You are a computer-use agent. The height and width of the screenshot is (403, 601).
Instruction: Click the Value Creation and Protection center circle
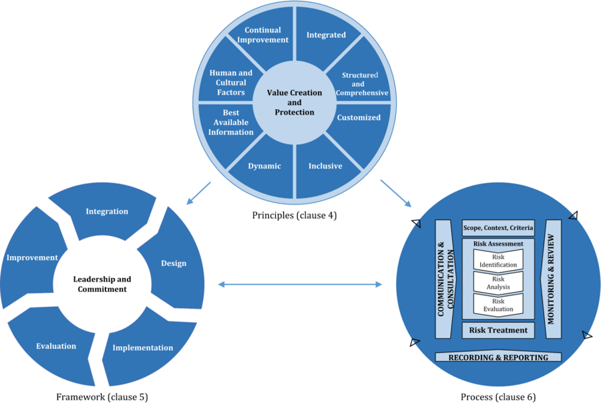click(294, 102)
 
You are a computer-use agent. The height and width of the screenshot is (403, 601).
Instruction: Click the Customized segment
click(359, 118)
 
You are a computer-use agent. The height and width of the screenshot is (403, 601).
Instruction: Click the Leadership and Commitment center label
click(102, 283)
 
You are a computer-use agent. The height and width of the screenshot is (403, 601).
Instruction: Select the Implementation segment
click(142, 348)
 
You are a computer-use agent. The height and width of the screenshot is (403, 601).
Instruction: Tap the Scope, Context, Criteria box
click(498, 229)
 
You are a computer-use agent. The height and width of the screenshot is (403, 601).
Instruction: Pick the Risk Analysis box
click(498, 283)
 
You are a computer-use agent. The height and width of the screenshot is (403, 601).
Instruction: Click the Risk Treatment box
click(498, 330)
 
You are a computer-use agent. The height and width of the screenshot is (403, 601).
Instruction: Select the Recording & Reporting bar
click(498, 358)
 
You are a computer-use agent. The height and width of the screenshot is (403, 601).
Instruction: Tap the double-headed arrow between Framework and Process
click(300, 285)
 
